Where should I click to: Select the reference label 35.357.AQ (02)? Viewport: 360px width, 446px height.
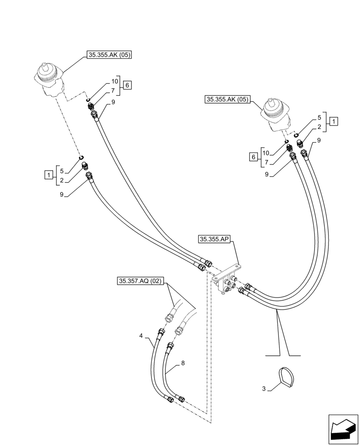[x=140, y=281]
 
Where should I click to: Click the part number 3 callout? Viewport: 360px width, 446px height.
[x=264, y=389]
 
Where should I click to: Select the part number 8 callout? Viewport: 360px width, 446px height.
[x=183, y=363]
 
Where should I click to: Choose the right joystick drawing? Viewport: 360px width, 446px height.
[x=277, y=115]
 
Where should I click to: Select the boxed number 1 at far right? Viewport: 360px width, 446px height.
[x=334, y=121]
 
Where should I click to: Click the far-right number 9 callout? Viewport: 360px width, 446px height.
[x=319, y=140]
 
